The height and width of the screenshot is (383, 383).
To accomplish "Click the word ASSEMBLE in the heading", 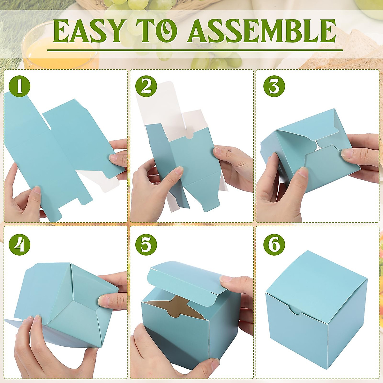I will tap(262, 31).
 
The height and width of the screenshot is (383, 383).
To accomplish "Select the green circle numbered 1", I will tap(19, 86).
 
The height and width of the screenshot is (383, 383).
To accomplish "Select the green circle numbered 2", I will tap(146, 86).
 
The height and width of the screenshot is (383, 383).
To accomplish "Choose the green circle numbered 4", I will tap(19, 245).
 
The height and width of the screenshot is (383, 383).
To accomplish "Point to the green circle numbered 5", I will tap(146, 245).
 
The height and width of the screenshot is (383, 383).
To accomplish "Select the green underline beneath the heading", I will tap(195, 50).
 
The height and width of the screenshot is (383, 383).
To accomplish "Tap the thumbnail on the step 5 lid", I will tap(226, 279).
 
